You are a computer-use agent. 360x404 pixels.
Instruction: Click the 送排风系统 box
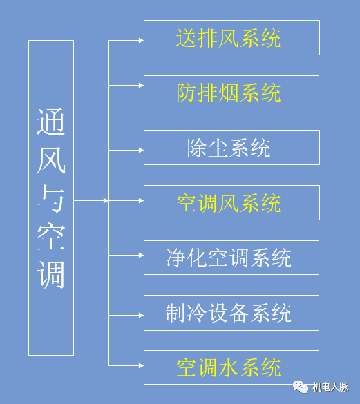coord(231,38)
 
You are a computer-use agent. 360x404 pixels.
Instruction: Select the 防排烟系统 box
coord(231,93)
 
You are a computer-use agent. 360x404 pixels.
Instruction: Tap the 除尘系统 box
coord(231,148)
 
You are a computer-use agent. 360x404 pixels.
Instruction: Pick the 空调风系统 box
coord(231,203)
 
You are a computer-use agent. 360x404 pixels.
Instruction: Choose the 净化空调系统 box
coord(231,258)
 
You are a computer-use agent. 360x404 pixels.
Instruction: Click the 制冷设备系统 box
coord(231,313)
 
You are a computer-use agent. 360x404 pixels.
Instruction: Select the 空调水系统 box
coord(231,367)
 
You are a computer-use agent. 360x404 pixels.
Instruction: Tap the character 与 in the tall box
coord(51,200)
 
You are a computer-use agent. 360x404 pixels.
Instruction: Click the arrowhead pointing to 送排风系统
coord(140,40)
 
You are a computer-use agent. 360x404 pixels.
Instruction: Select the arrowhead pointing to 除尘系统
coord(140,148)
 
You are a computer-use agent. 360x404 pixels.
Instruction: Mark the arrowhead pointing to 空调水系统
coord(140,365)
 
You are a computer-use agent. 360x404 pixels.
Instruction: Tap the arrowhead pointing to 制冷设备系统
coord(140,314)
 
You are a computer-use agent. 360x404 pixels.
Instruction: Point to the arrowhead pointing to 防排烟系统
coord(140,86)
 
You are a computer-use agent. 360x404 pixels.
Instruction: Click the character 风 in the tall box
coord(51,162)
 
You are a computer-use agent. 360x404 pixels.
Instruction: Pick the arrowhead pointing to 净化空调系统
coord(140,256)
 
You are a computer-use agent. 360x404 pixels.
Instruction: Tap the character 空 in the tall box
coord(51,237)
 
